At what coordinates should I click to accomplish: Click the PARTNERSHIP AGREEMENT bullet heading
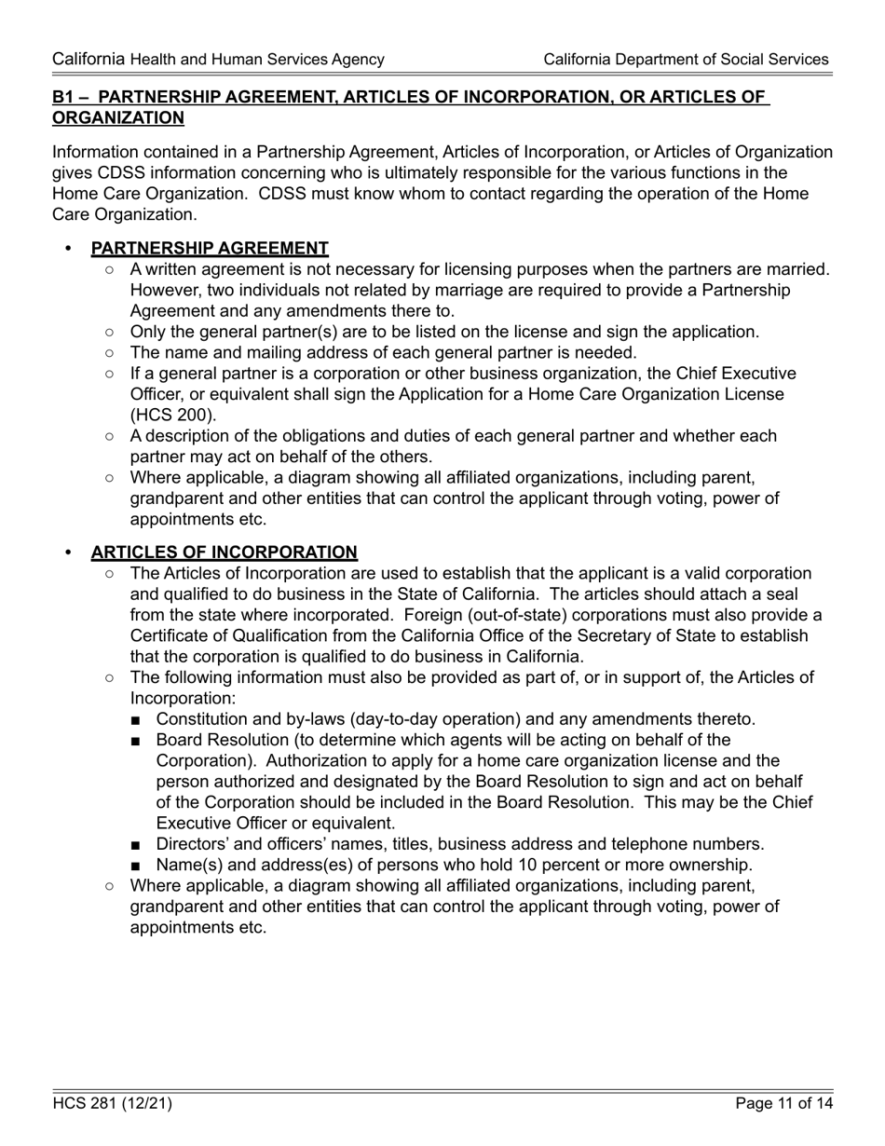pos(209,249)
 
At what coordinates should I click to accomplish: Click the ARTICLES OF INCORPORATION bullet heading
pos(224,553)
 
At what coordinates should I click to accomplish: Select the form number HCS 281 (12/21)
pos(112,1104)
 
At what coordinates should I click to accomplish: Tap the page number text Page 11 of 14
pos(783,1104)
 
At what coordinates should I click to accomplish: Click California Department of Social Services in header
pos(686,60)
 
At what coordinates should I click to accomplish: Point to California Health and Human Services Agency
pos(218,60)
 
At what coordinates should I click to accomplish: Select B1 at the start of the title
pos(63,97)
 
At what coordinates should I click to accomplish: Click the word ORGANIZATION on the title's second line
pos(118,118)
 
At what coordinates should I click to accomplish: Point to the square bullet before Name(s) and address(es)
pos(137,866)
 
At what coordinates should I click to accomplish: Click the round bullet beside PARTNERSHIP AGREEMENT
pos(67,249)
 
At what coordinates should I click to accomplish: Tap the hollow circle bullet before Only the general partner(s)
pos(111,332)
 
